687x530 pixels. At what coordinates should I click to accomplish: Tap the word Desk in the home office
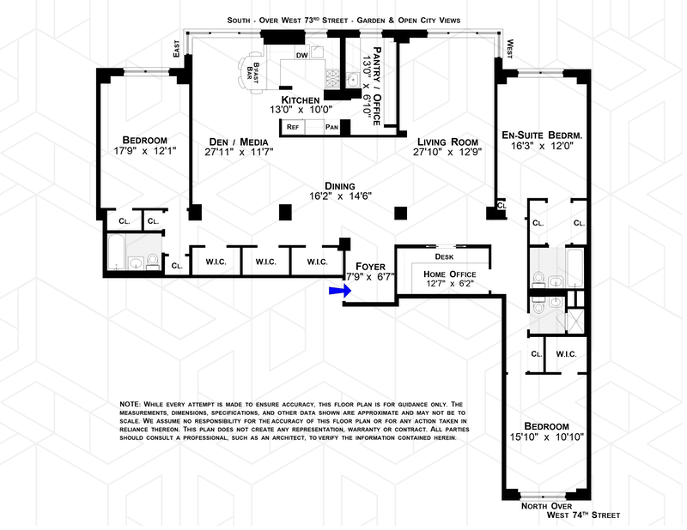[444, 256]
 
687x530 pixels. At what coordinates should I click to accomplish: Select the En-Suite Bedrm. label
[542, 135]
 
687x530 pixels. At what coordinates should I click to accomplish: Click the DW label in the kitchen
[301, 56]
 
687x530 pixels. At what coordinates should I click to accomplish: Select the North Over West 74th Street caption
[581, 510]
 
